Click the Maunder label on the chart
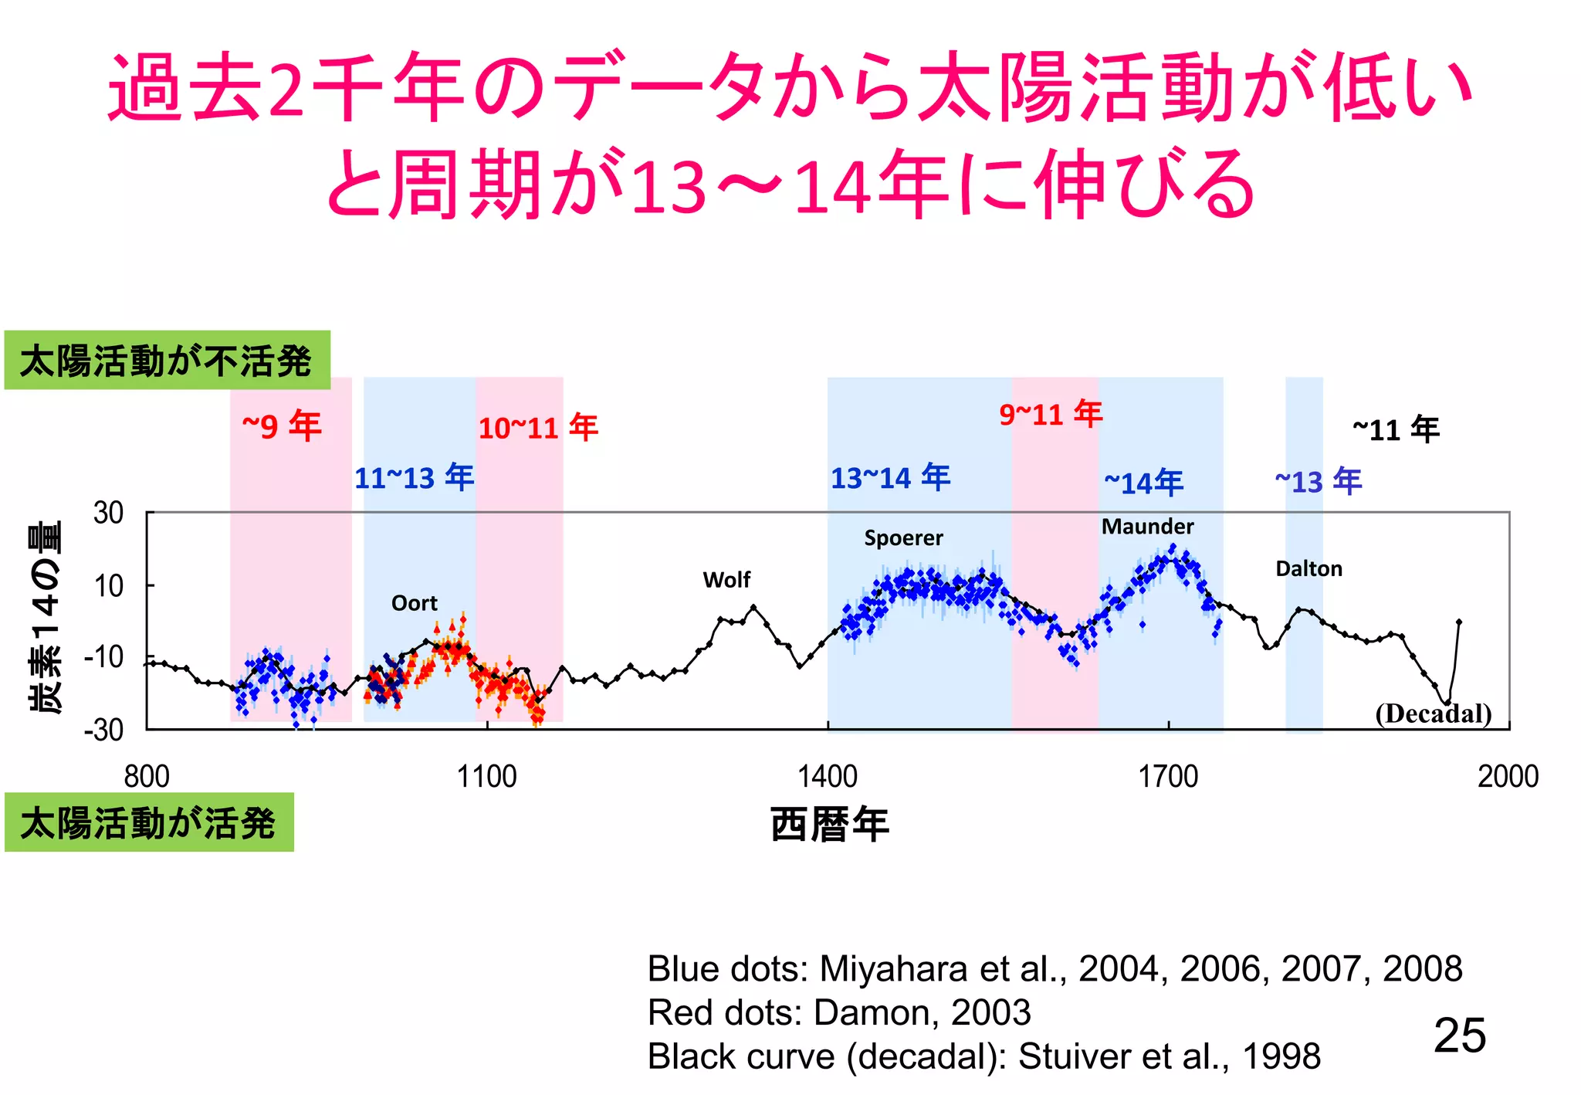pos(1147,527)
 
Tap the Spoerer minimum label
pos(903,538)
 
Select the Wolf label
pos(726,580)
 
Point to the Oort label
pos(414,603)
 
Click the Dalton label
pos(1308,569)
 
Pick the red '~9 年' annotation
pos(282,426)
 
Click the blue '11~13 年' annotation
pos(414,478)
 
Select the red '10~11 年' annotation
pos(538,428)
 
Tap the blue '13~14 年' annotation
pos(890,478)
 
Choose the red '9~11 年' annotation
pos(1051,415)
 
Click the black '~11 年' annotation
pos(1396,429)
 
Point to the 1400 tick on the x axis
pos(828,776)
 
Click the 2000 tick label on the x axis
pos(1508,776)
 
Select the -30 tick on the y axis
pos(104,730)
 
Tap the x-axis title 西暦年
pos(830,824)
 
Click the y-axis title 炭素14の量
pos(45,618)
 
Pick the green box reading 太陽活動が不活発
pos(167,361)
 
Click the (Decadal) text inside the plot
pos(1433,713)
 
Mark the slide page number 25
pos(1459,1035)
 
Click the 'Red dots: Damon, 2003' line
pos(839,1012)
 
